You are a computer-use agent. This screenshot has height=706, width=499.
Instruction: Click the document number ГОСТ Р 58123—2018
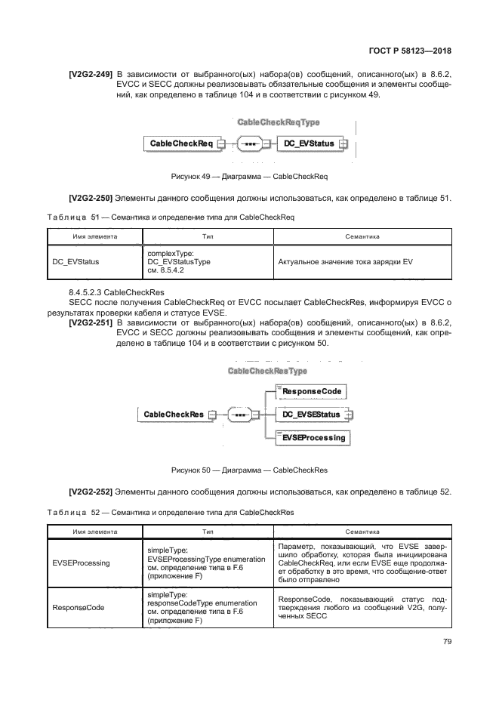(416, 51)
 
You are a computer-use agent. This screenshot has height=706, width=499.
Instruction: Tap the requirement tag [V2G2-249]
(91, 73)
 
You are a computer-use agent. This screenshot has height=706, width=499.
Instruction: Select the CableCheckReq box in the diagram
(180, 143)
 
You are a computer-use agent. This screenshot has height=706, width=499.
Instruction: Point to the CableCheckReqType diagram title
(278, 122)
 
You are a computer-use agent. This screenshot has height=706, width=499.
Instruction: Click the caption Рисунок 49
(250, 176)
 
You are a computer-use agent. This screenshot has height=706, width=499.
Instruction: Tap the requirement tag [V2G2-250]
(91, 198)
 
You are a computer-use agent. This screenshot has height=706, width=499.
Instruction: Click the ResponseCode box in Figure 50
(312, 391)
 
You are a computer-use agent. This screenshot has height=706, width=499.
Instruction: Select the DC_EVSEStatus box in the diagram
(310, 414)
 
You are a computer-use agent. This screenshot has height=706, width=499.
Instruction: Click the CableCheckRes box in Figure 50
(174, 414)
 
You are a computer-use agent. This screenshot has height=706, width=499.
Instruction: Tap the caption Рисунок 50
(250, 470)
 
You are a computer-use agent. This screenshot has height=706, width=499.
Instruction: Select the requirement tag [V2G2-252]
(91, 492)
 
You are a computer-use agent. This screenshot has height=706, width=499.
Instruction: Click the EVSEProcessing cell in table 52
(81, 563)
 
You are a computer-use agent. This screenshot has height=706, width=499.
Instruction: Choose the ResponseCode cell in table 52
(79, 606)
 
